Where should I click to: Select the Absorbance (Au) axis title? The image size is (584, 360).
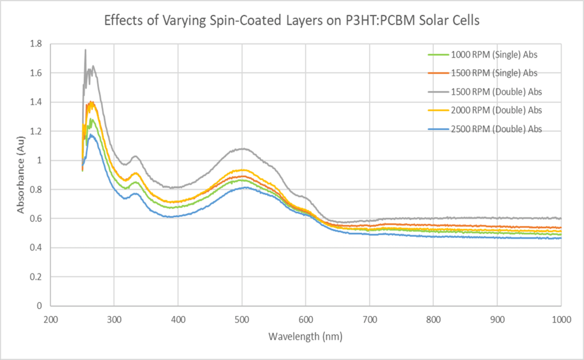(21, 175)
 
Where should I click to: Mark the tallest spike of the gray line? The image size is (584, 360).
(86, 50)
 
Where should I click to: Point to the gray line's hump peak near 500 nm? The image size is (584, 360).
(243, 149)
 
